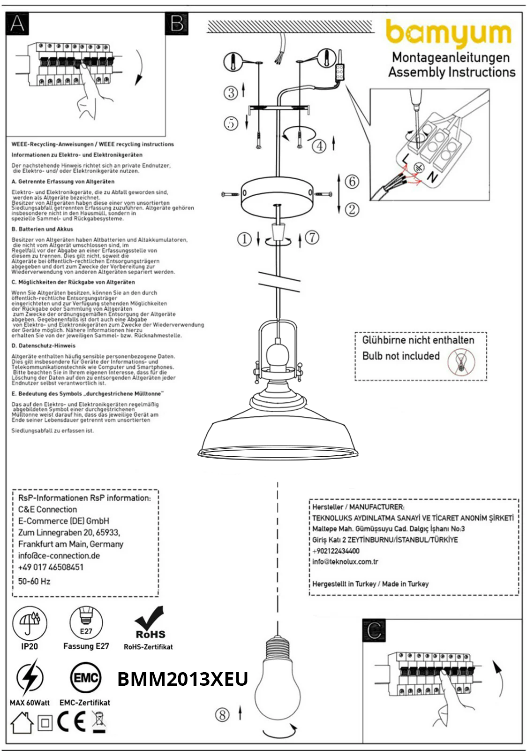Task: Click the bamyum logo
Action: click(x=448, y=33)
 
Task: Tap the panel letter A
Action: click(x=17, y=23)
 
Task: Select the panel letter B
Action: click(x=177, y=23)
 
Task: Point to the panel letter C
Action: click(x=374, y=630)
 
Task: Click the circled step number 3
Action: click(x=231, y=92)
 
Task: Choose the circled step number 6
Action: click(x=352, y=181)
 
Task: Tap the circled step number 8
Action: click(x=222, y=715)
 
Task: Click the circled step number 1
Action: click(x=244, y=239)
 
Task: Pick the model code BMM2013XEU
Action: click(x=182, y=679)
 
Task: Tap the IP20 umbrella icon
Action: click(x=30, y=623)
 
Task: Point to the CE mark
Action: click(x=71, y=722)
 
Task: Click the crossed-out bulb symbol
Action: click(x=461, y=362)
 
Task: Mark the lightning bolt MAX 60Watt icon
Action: click(x=30, y=677)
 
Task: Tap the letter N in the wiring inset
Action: click(x=432, y=177)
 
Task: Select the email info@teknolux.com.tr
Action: click(x=345, y=561)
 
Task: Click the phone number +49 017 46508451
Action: click(x=51, y=567)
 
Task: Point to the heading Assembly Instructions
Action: click(x=452, y=72)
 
